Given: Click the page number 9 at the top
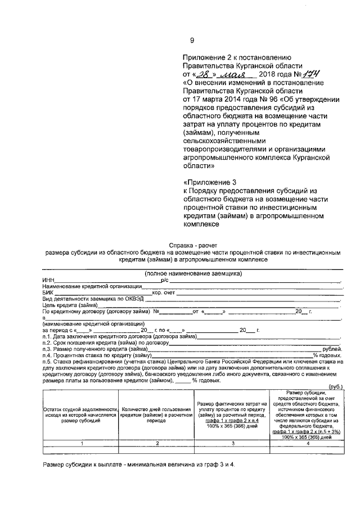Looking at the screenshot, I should click(192, 40).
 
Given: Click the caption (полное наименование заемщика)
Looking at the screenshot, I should click(193, 273).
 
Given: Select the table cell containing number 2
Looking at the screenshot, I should click(157, 443).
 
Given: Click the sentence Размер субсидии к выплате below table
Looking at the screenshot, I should click(146, 465).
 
